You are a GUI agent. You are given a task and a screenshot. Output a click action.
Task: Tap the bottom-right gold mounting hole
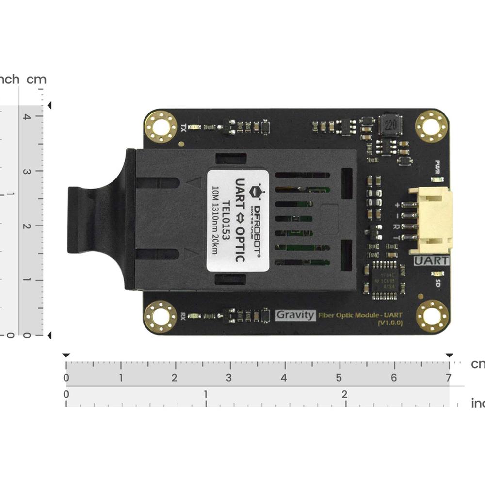click(x=432, y=316)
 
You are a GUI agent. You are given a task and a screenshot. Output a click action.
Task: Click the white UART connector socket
click(x=430, y=221)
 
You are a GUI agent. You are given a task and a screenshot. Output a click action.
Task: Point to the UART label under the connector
click(x=432, y=260)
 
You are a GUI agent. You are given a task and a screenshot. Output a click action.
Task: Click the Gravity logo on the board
click(x=295, y=315)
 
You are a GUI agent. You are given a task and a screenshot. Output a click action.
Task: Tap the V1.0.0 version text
click(x=389, y=323)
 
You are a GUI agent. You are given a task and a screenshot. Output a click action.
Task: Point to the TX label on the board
click(x=183, y=128)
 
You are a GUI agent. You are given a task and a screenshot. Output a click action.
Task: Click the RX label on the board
click(x=183, y=316)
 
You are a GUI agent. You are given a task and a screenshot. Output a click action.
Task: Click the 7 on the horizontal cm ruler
click(x=449, y=378)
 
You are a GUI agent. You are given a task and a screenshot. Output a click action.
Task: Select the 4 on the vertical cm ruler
click(x=27, y=116)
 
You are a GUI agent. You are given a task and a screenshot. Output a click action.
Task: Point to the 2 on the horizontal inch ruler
click(x=344, y=394)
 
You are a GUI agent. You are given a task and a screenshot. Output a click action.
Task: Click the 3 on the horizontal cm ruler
click(x=229, y=378)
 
